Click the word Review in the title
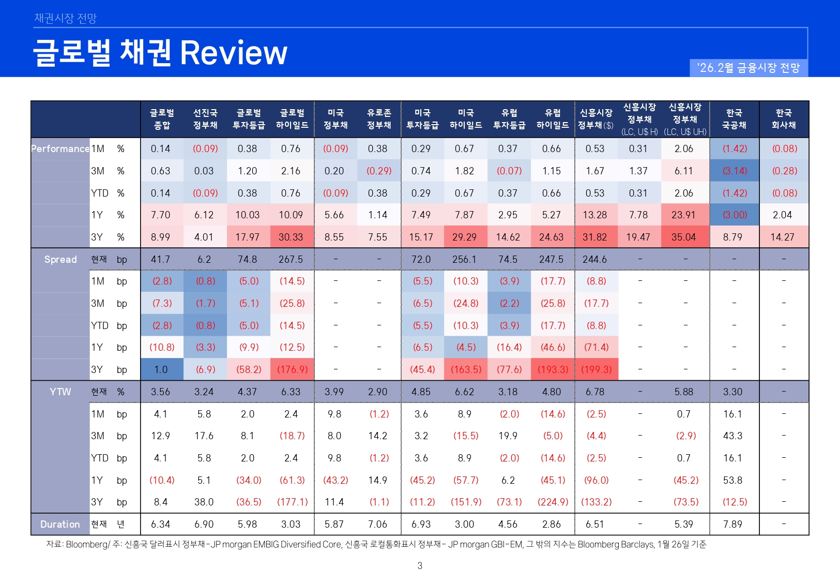coord(233,53)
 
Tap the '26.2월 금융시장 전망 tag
coord(748,68)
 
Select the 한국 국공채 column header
coord(734,119)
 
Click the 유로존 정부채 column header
coord(379,119)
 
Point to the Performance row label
coord(60,149)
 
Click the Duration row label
coord(60,524)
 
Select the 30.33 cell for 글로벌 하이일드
coord(291,237)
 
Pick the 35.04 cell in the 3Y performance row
coord(683,237)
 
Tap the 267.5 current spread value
coord(291,259)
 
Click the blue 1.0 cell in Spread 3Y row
coord(161,369)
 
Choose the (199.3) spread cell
coord(596,369)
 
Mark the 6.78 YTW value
coord(595,392)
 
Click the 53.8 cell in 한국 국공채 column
coord(732,480)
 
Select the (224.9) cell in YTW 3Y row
coord(553,502)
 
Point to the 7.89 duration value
coord(732,524)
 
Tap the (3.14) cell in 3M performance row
coord(734,171)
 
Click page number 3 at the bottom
coord(420,565)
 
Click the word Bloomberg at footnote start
coord(87,544)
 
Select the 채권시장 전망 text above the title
coord(65,19)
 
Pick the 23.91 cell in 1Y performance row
coord(683,215)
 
